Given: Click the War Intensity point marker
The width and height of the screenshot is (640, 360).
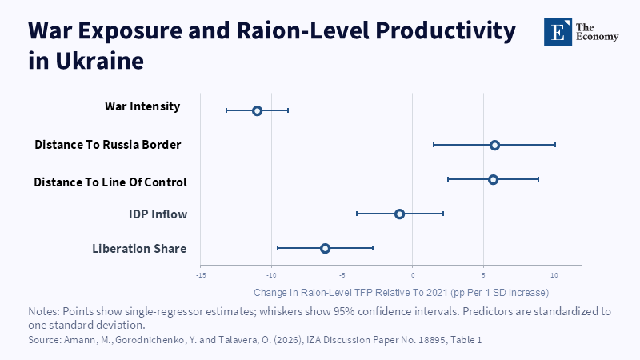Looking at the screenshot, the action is pyautogui.click(x=257, y=110).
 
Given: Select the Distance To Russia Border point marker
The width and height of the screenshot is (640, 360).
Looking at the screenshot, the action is pyautogui.click(x=494, y=145).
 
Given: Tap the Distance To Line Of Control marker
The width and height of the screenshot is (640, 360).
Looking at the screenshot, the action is pyautogui.click(x=493, y=179).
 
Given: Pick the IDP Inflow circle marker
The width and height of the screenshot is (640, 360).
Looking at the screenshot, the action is pyautogui.click(x=399, y=214).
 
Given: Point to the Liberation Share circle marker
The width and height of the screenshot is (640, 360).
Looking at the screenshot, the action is pyautogui.click(x=325, y=248).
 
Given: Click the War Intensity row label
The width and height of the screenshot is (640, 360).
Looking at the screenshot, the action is pyautogui.click(x=142, y=106).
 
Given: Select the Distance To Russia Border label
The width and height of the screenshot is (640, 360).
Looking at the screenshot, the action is pyautogui.click(x=108, y=145).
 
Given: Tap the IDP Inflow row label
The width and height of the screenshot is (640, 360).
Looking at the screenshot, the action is pyautogui.click(x=158, y=214).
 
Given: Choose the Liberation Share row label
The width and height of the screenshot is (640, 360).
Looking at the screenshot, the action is pyautogui.click(x=139, y=249).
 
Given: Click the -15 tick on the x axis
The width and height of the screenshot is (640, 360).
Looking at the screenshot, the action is pyautogui.click(x=201, y=275).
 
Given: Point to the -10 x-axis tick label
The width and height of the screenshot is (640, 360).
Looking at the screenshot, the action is pyautogui.click(x=271, y=275).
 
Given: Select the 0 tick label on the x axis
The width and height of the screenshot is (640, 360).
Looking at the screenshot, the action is pyautogui.click(x=413, y=275).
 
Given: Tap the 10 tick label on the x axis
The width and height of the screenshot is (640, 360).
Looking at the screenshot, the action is pyautogui.click(x=554, y=275).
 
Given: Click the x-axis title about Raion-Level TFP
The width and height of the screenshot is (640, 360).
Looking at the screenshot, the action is pyautogui.click(x=402, y=293).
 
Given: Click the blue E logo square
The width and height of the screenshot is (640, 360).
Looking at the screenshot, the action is pyautogui.click(x=558, y=31).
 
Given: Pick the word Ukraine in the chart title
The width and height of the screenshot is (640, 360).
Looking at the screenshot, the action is pyautogui.click(x=99, y=61).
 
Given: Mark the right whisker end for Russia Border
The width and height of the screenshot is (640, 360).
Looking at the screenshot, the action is pyautogui.click(x=555, y=145).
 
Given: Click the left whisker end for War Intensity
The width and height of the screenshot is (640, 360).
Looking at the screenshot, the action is pyautogui.click(x=226, y=110).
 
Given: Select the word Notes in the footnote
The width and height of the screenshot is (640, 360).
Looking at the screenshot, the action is pyautogui.click(x=44, y=311).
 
